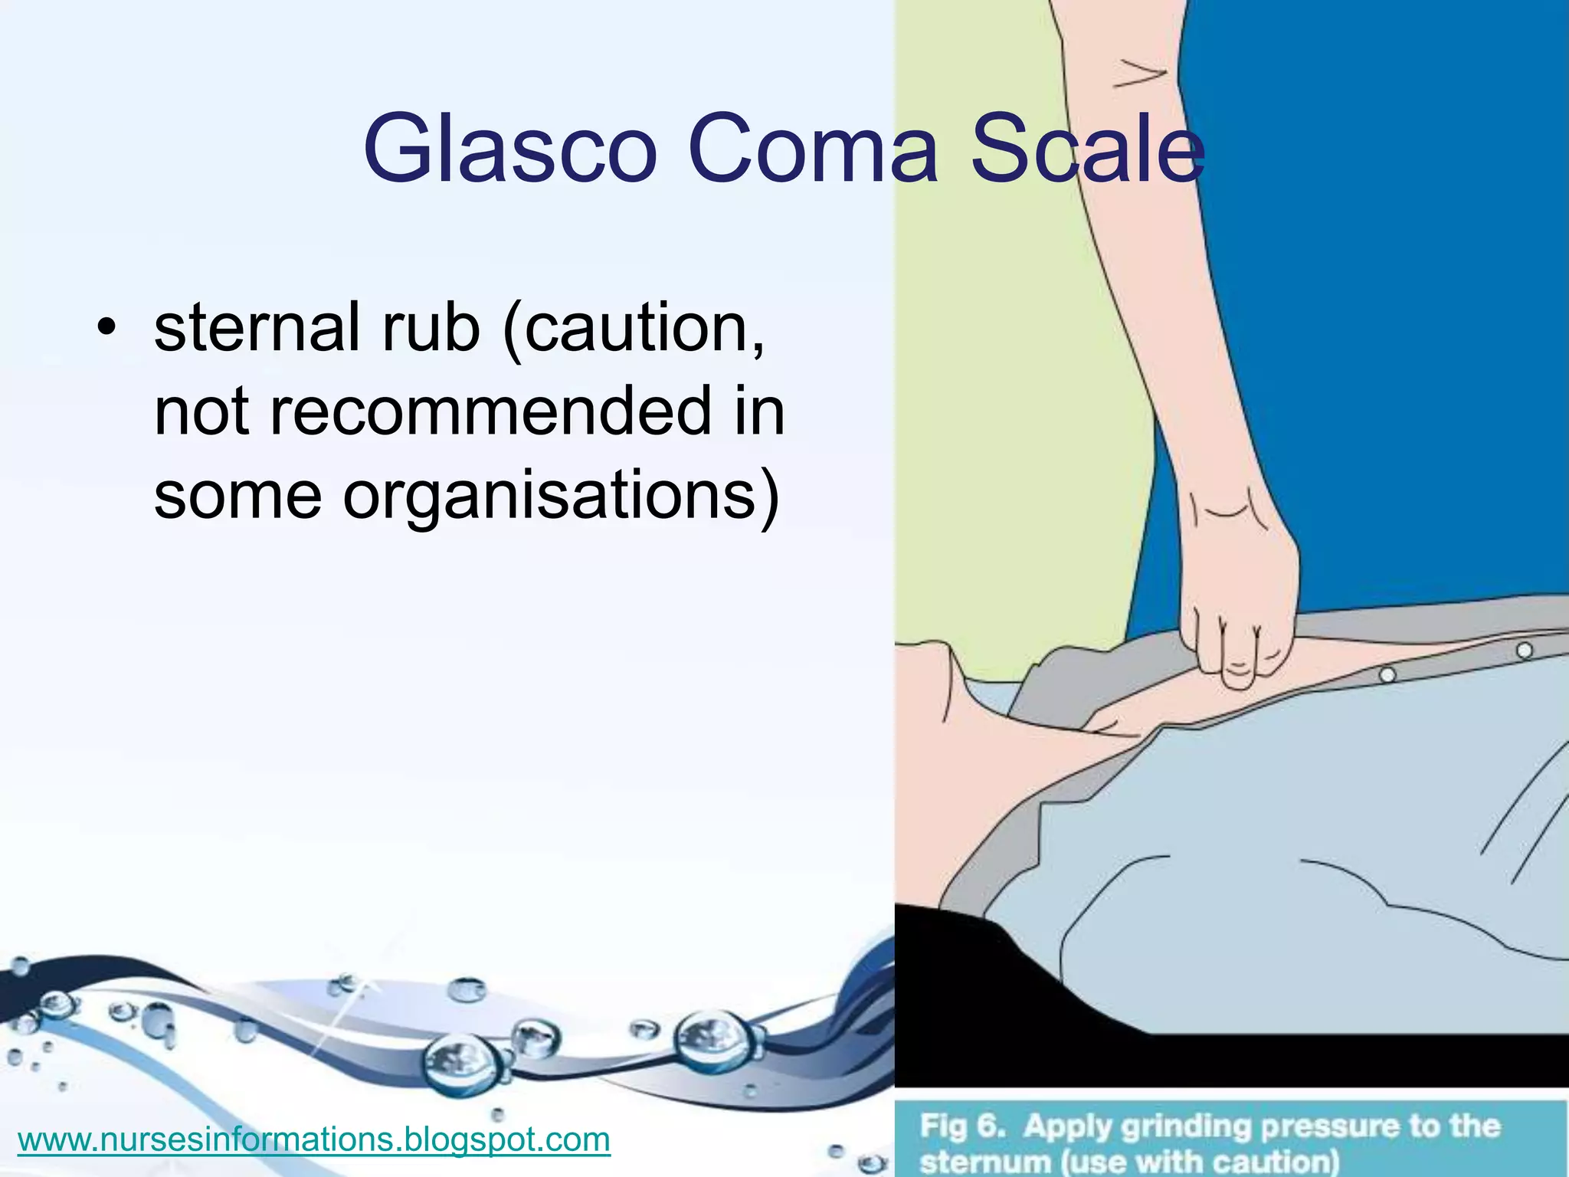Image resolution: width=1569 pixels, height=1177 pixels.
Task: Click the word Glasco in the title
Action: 509,149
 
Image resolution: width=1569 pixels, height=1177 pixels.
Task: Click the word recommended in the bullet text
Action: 490,411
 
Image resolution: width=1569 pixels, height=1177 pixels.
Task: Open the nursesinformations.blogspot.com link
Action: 313,1139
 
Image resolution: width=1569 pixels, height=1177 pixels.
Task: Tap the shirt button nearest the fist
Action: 1387,675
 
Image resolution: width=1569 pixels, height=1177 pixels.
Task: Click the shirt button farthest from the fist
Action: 1525,650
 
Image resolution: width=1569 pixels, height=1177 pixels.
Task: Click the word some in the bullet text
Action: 237,495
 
